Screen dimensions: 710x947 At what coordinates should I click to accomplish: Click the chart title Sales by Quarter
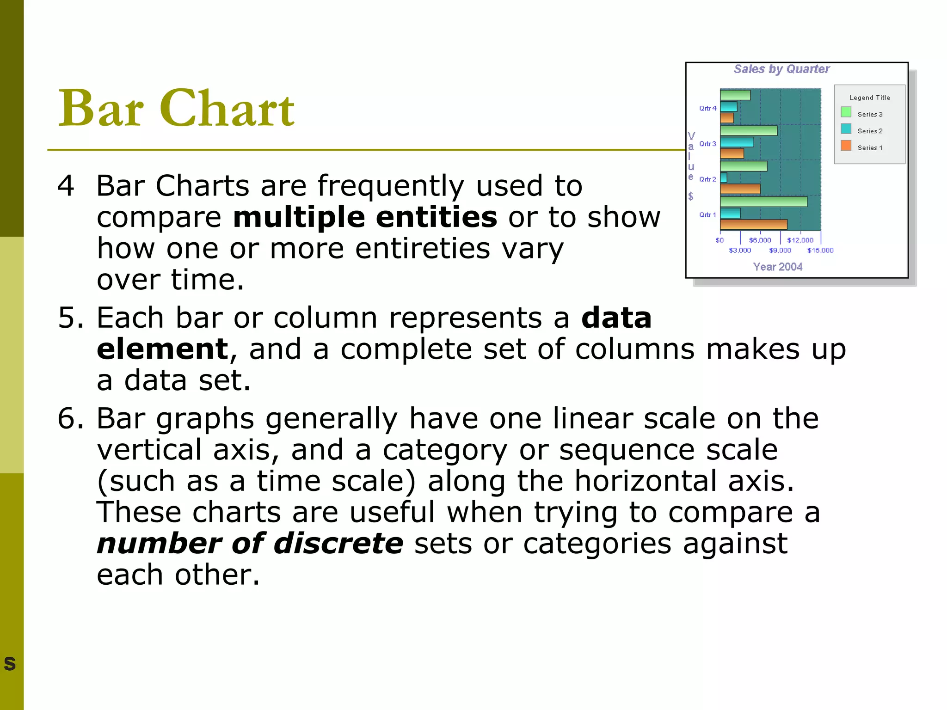[x=781, y=69]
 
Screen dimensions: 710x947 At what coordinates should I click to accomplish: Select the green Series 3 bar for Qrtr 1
[x=763, y=202]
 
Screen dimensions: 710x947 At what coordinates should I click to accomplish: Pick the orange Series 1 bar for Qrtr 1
[x=753, y=225]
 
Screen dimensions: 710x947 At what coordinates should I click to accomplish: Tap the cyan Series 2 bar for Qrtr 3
[x=737, y=142]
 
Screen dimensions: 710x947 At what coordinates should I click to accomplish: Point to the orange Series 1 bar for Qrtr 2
[x=740, y=189]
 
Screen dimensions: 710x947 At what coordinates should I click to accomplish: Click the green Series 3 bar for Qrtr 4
[x=735, y=95]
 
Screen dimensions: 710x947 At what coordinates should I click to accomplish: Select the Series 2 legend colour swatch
[x=846, y=129]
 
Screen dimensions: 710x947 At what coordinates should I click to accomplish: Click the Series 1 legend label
[x=869, y=148]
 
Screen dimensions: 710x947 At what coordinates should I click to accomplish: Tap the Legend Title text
[x=869, y=98]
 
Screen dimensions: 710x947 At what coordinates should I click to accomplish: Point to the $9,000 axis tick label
[x=780, y=251]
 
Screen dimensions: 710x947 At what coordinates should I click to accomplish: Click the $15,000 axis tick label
[x=820, y=251]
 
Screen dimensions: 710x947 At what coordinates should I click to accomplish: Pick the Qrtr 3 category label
[x=707, y=144]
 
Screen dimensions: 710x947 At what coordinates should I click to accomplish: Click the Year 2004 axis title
[x=777, y=267]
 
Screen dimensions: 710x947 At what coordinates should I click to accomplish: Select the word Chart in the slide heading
[x=227, y=109]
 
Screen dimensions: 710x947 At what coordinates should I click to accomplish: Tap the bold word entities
[x=436, y=217]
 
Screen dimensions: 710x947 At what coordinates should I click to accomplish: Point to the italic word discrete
[x=338, y=543]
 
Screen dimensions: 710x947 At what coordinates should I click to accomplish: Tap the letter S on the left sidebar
[x=10, y=664]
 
